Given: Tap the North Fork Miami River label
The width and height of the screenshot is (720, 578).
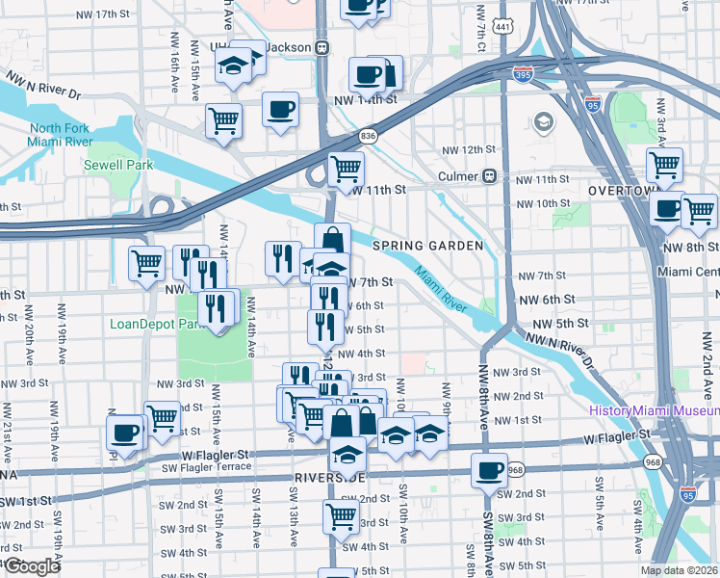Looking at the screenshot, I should (60, 136).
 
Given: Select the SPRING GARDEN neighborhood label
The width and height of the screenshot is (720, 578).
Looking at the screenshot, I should (435, 246).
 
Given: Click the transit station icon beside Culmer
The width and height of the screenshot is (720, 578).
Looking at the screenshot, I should (489, 176).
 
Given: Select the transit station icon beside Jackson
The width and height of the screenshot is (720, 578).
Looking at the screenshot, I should (322, 47).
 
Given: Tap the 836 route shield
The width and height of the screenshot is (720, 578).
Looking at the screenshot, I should (369, 138).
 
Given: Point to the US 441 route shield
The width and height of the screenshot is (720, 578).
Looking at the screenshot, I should (502, 28).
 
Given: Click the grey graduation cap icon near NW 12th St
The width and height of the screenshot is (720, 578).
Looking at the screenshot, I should (543, 122).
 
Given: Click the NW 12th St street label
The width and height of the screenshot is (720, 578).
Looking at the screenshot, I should (468, 150).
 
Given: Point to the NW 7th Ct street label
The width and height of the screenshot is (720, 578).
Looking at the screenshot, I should (478, 36).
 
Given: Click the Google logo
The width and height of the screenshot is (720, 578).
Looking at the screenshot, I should (32, 566).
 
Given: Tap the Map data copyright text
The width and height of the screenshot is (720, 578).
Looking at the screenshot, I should (680, 570).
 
